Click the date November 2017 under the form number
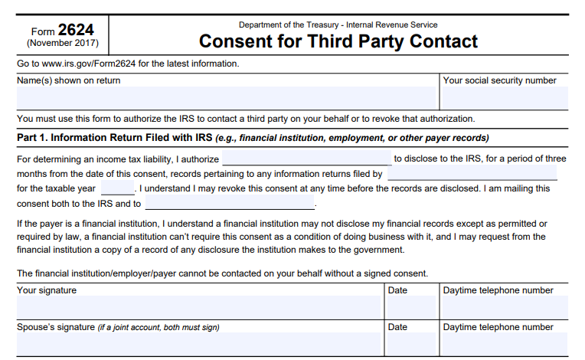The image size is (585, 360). (63, 44)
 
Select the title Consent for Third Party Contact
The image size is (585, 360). (338, 41)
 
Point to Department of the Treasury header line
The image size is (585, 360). (338, 25)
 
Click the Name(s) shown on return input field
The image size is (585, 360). (225, 98)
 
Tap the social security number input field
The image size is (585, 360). (504, 98)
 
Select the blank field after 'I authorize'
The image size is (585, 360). (306, 159)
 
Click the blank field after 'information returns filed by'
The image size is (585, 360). (472, 174)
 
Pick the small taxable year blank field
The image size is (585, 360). (117, 188)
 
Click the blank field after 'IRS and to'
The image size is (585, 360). (230, 204)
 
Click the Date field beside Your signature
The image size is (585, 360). (411, 307)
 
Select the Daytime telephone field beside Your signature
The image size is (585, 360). (504, 307)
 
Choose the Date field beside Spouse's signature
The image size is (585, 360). (411, 344)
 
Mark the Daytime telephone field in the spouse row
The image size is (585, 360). (504, 344)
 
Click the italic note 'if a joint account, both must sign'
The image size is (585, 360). (159, 328)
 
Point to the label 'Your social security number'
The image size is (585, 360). (499, 80)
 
